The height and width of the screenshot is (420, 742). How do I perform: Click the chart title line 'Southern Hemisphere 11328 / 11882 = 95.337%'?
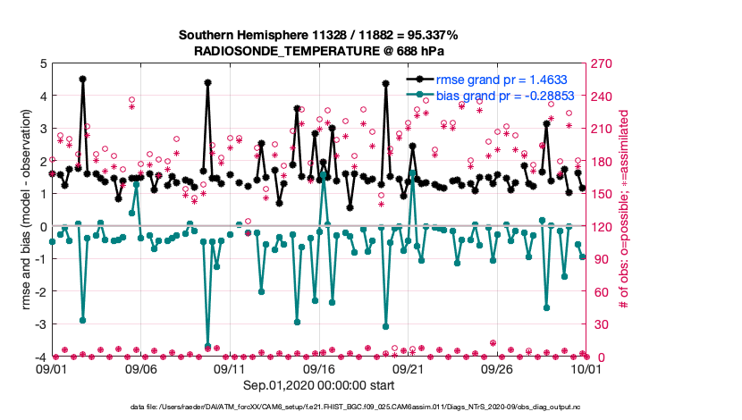pyautogui.click(x=318, y=35)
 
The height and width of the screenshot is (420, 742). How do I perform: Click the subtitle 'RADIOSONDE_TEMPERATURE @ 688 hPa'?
pyautogui.click(x=318, y=52)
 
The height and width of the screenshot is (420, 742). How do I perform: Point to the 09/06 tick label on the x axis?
pyautogui.click(x=140, y=368)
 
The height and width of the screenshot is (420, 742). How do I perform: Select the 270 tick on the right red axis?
pyautogui.click(x=600, y=64)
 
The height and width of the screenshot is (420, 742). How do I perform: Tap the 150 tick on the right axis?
pyautogui.click(x=600, y=194)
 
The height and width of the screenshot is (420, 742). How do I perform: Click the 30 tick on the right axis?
pyautogui.click(x=597, y=324)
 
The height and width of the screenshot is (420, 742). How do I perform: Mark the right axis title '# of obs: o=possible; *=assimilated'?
pyautogui.click(x=624, y=211)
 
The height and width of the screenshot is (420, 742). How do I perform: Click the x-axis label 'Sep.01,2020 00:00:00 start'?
pyautogui.click(x=318, y=385)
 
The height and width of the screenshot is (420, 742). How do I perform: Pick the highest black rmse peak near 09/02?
pyautogui.click(x=82, y=79)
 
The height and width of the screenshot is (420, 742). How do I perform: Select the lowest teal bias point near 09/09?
pyautogui.click(x=207, y=346)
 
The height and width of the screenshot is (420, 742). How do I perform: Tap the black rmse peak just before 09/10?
pyautogui.click(x=207, y=82)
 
